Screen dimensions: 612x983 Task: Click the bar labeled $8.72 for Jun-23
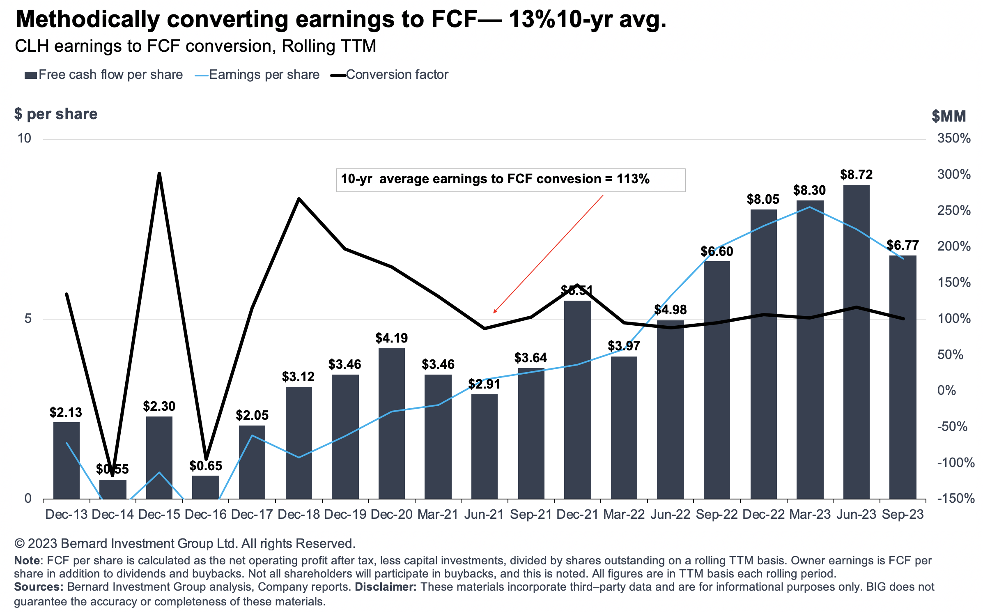[x=856, y=341]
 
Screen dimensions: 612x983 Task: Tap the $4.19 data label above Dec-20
[x=391, y=338]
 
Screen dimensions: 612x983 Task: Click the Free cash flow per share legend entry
[x=103, y=75]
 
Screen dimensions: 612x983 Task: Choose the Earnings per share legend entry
[x=257, y=75]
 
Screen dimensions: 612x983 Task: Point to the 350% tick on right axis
[x=953, y=138]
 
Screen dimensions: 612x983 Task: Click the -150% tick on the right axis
[x=955, y=498]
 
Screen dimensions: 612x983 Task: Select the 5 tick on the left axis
[x=28, y=318]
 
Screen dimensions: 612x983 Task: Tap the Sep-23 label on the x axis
[x=903, y=514]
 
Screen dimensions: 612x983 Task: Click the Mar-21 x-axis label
[x=438, y=514]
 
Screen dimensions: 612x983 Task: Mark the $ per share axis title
[x=56, y=114]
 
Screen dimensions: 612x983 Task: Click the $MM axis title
[x=949, y=116]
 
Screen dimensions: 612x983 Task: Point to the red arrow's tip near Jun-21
[x=494, y=313]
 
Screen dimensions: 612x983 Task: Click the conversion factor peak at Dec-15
[x=159, y=174]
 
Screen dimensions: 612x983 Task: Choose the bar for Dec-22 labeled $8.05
[x=763, y=353]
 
